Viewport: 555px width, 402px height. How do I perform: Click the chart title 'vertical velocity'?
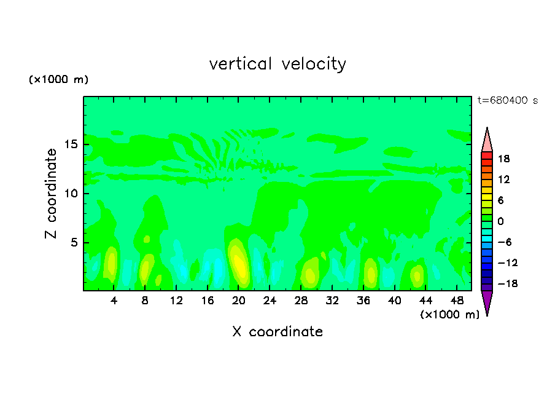277,64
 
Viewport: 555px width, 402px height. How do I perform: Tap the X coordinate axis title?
277,332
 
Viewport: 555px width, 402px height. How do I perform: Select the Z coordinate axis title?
52,194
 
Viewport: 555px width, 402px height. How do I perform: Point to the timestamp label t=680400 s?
507,101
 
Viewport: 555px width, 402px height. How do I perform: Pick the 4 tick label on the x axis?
114,301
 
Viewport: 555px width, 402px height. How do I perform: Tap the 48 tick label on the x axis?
457,301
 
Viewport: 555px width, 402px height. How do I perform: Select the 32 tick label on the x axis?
332,301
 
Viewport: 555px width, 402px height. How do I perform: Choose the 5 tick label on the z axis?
74,242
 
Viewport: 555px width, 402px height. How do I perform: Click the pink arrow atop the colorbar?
487,140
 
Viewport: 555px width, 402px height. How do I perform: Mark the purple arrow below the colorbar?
487,302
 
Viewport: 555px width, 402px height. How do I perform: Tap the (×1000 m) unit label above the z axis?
59,80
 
